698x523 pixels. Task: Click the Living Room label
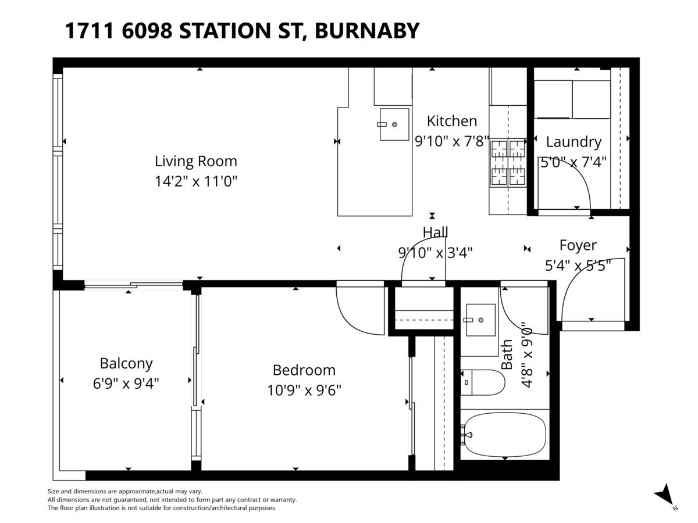195,161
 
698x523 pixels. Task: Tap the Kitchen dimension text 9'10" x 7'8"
451,141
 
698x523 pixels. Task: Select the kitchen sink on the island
394,124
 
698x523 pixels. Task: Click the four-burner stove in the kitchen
508,163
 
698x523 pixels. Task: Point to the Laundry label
574,142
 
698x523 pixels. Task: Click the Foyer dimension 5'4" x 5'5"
578,266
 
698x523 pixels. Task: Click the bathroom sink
480,319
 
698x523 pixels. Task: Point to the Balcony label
126,364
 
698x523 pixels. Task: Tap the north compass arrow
665,495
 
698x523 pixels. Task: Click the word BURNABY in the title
366,30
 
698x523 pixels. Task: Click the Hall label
435,232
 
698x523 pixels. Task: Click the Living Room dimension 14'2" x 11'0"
195,181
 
